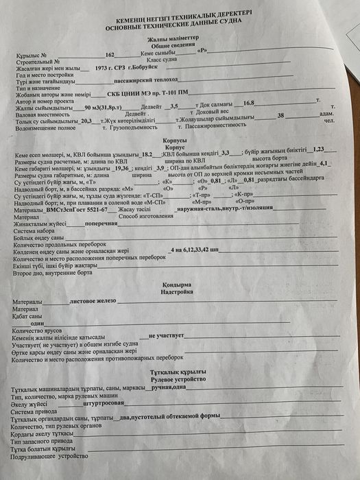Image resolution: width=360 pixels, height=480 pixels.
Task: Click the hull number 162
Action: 110,54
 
